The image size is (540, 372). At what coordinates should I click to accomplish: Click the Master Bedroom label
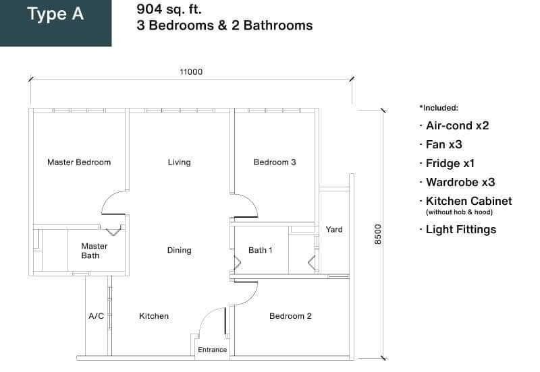pyautogui.click(x=79, y=162)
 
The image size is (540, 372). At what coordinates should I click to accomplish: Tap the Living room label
pyautogui.click(x=179, y=162)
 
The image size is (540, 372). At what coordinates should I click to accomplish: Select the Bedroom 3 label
pyautogui.click(x=275, y=162)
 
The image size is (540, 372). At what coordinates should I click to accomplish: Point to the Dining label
pyautogui.click(x=179, y=250)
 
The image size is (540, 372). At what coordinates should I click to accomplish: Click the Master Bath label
pyautogui.click(x=94, y=251)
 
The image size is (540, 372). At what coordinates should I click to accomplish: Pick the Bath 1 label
pyautogui.click(x=260, y=250)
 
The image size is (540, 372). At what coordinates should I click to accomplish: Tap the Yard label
pyautogui.click(x=334, y=229)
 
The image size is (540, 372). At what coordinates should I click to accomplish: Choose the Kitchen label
pyautogui.click(x=154, y=316)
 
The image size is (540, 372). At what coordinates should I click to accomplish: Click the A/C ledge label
pyautogui.click(x=96, y=316)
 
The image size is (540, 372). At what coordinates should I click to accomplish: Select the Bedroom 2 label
pyautogui.click(x=290, y=316)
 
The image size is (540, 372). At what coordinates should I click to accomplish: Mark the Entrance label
pyautogui.click(x=212, y=350)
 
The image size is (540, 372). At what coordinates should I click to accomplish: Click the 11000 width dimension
pyautogui.click(x=191, y=72)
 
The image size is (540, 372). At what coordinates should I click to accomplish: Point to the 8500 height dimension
pyautogui.click(x=378, y=235)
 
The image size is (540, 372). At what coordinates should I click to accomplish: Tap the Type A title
pyautogui.click(x=55, y=14)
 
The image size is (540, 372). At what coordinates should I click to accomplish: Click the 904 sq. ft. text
pyautogui.click(x=169, y=9)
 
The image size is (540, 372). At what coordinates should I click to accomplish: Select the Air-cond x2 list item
pyautogui.click(x=458, y=125)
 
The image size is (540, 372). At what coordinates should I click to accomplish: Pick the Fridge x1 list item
pyautogui.click(x=450, y=163)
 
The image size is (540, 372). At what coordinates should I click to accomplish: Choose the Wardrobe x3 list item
pyautogui.click(x=460, y=182)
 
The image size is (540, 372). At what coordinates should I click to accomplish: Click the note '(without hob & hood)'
pyautogui.click(x=459, y=212)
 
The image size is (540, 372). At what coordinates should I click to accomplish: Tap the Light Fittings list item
pyautogui.click(x=461, y=230)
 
